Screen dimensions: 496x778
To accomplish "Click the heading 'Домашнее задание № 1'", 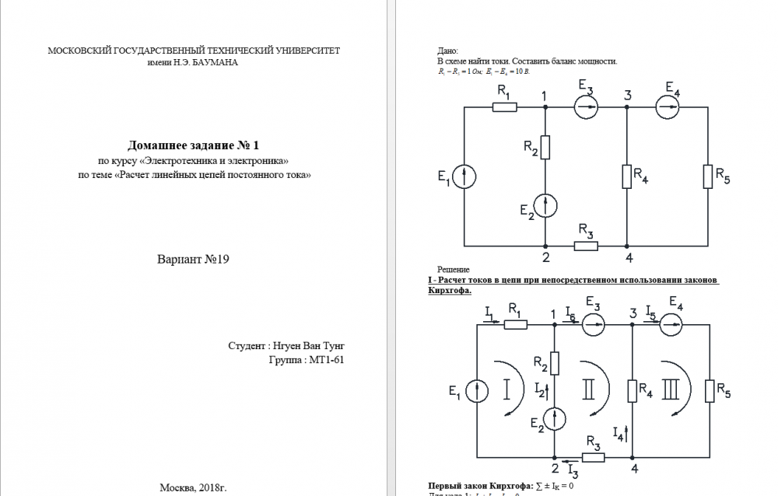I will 193,145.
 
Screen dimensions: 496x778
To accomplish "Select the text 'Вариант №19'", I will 194,259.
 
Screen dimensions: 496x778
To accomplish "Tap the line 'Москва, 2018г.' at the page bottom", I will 193,487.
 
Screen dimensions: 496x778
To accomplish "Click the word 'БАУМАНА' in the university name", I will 216,63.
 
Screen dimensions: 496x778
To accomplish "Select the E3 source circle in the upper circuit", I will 586,108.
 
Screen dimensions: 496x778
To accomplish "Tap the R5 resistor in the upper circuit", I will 707,176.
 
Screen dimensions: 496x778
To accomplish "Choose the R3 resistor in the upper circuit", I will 586,246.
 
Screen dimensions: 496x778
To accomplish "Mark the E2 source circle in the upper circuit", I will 545,205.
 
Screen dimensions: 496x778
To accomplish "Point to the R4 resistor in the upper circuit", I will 626,176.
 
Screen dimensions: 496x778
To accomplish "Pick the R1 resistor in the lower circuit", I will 516,324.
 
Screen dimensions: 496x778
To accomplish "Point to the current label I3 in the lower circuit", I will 572,471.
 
